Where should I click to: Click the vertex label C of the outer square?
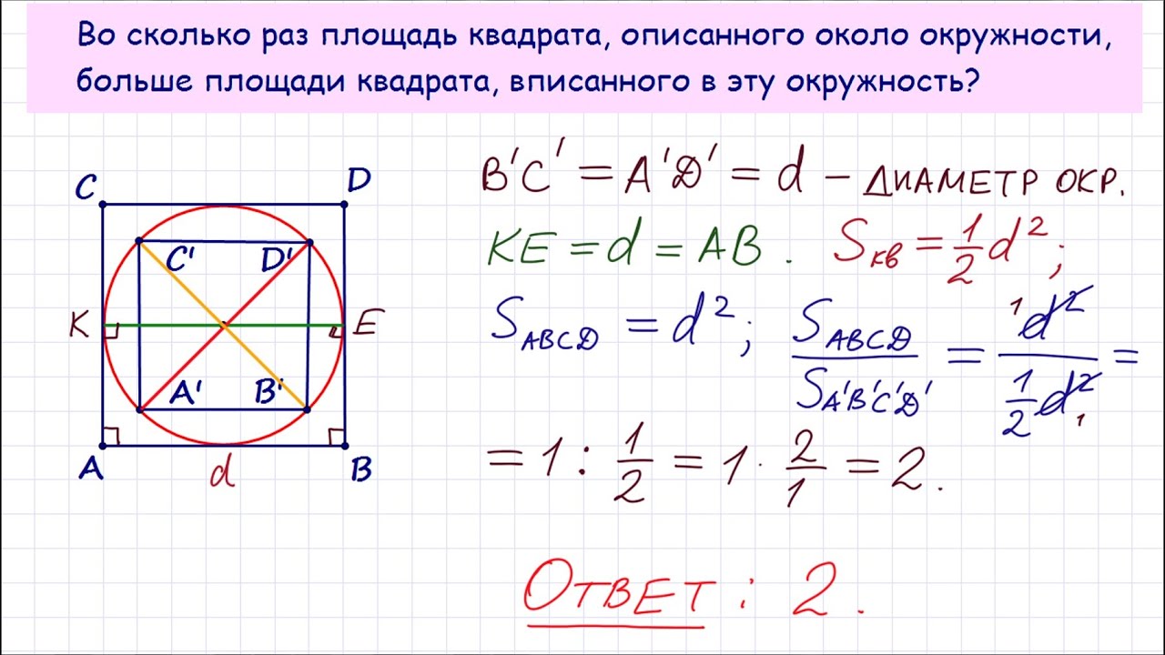(86, 187)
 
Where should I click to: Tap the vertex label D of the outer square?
(359, 180)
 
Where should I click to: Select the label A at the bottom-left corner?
(91, 470)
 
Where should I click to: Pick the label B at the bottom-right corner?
(361, 470)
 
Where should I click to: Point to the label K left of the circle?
(79, 327)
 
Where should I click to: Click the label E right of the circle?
(369, 322)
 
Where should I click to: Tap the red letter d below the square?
(222, 474)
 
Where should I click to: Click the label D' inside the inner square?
(276, 259)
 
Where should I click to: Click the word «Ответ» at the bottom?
(619, 589)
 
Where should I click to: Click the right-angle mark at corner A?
(112, 437)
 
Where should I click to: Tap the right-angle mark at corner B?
(336, 438)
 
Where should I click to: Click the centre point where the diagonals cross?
(224, 326)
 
